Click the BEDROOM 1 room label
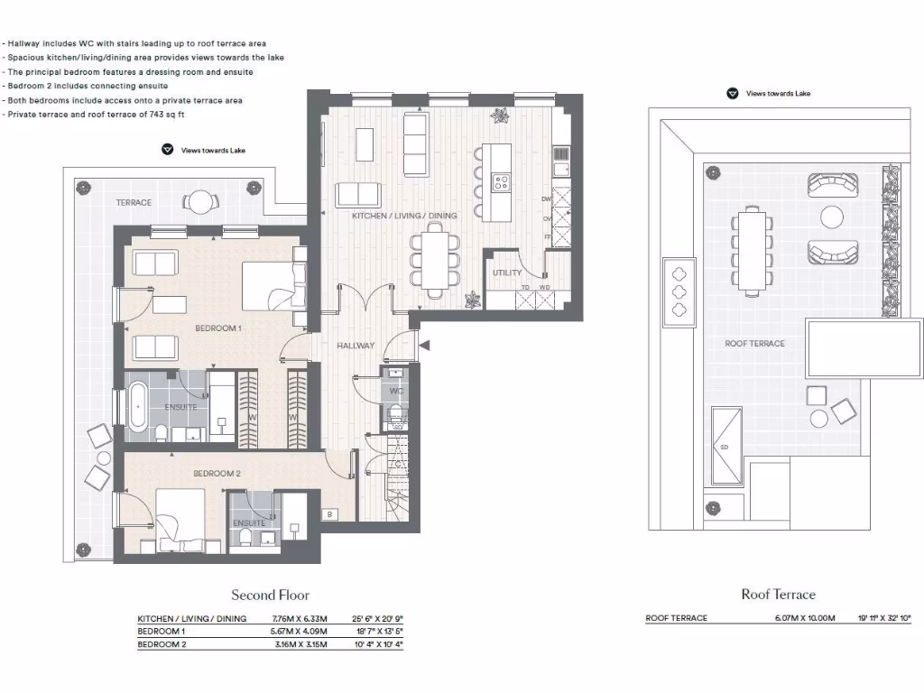(x=218, y=328)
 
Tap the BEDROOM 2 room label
(x=217, y=473)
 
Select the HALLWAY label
(x=356, y=346)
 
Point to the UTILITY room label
(x=506, y=273)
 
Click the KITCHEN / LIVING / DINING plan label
(x=404, y=216)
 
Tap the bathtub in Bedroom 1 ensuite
(x=137, y=407)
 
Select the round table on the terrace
(x=200, y=201)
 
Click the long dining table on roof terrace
(x=751, y=249)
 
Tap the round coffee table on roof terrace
(x=830, y=217)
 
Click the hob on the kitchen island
(x=499, y=183)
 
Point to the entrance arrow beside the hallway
(x=425, y=345)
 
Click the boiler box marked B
(x=330, y=515)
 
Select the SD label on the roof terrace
(x=724, y=446)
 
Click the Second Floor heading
(x=270, y=595)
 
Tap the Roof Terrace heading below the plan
(x=778, y=594)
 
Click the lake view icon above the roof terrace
(x=733, y=93)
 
